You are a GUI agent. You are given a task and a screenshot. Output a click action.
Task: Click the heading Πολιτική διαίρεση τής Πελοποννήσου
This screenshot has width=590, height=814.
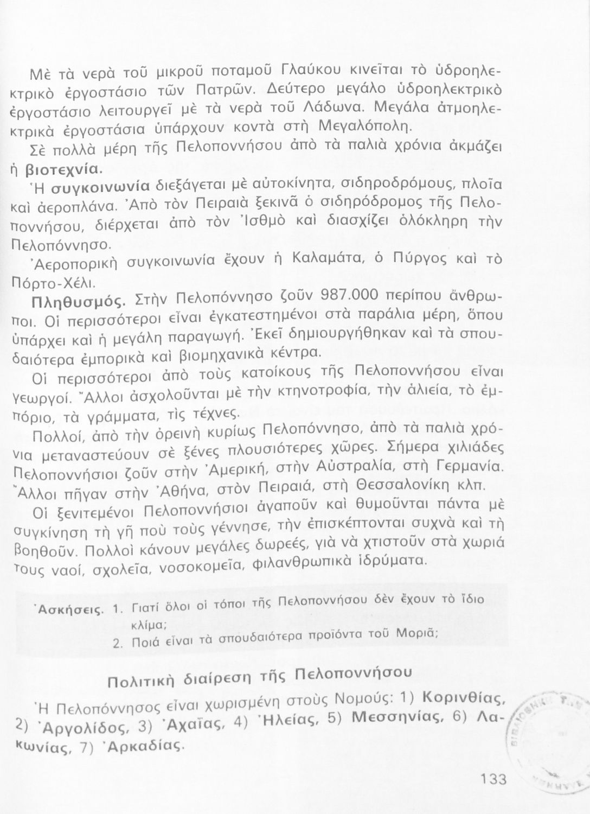(259, 677)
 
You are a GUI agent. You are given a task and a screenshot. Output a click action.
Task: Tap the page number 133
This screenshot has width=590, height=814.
(493, 779)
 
